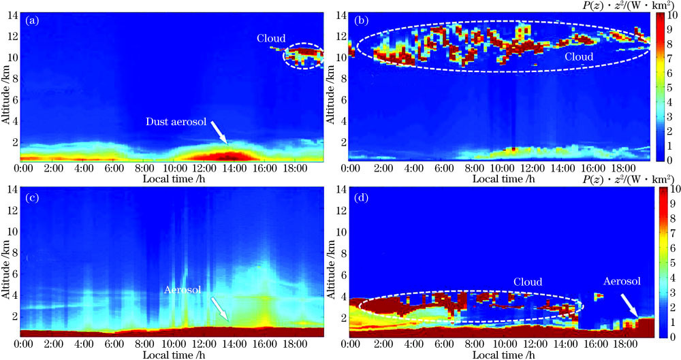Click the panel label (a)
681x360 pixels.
point(31,20)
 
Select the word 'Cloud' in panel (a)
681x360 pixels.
point(271,38)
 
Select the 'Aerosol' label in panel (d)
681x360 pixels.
point(622,280)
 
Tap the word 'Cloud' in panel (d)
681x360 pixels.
point(528,281)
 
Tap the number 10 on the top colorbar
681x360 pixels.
point(671,15)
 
